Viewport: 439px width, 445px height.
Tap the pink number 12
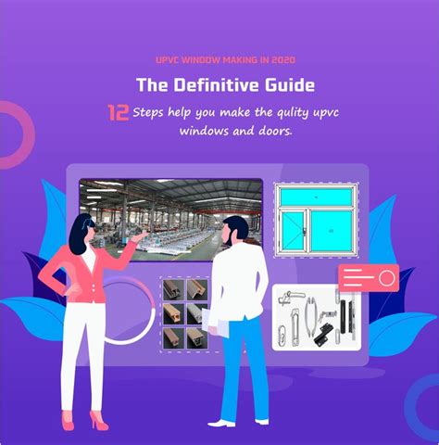(x=118, y=113)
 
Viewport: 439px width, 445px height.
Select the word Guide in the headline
(x=290, y=84)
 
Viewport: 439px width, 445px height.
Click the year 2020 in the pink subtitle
(x=283, y=59)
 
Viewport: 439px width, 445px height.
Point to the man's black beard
(x=229, y=238)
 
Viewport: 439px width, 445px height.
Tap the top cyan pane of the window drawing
(x=317, y=197)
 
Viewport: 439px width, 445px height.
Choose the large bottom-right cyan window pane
(x=332, y=231)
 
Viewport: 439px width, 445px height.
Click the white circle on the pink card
(x=387, y=278)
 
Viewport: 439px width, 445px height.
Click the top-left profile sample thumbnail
(x=173, y=290)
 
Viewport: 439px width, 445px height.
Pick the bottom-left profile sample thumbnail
(x=173, y=338)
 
